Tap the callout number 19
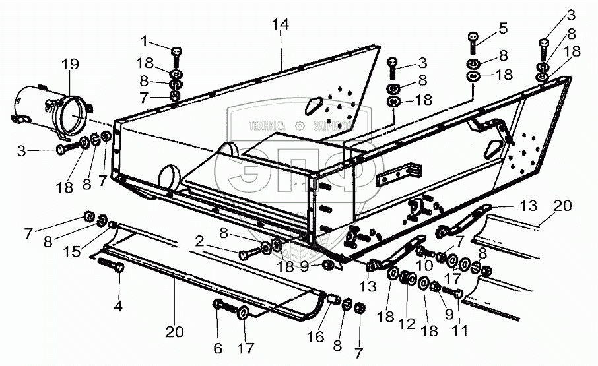(70, 65)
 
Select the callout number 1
(145, 42)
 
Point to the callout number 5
(503, 28)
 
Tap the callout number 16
(319, 337)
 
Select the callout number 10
(424, 264)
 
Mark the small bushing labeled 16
(335, 301)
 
